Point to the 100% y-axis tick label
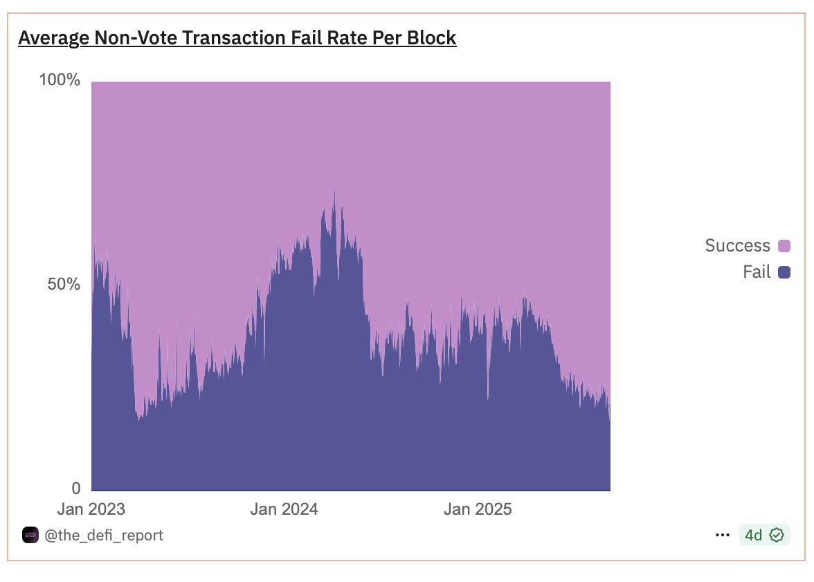point(60,81)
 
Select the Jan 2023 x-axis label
point(91,510)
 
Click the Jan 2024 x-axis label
point(284,510)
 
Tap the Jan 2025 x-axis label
point(478,510)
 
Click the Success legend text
point(737,245)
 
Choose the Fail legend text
point(757,272)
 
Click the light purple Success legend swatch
point(784,246)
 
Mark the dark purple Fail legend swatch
point(784,273)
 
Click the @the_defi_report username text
point(104,535)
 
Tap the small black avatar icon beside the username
point(30,535)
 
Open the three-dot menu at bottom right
point(722,535)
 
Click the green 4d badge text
point(753,535)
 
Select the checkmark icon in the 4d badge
point(777,535)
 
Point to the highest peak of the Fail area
point(334,191)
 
